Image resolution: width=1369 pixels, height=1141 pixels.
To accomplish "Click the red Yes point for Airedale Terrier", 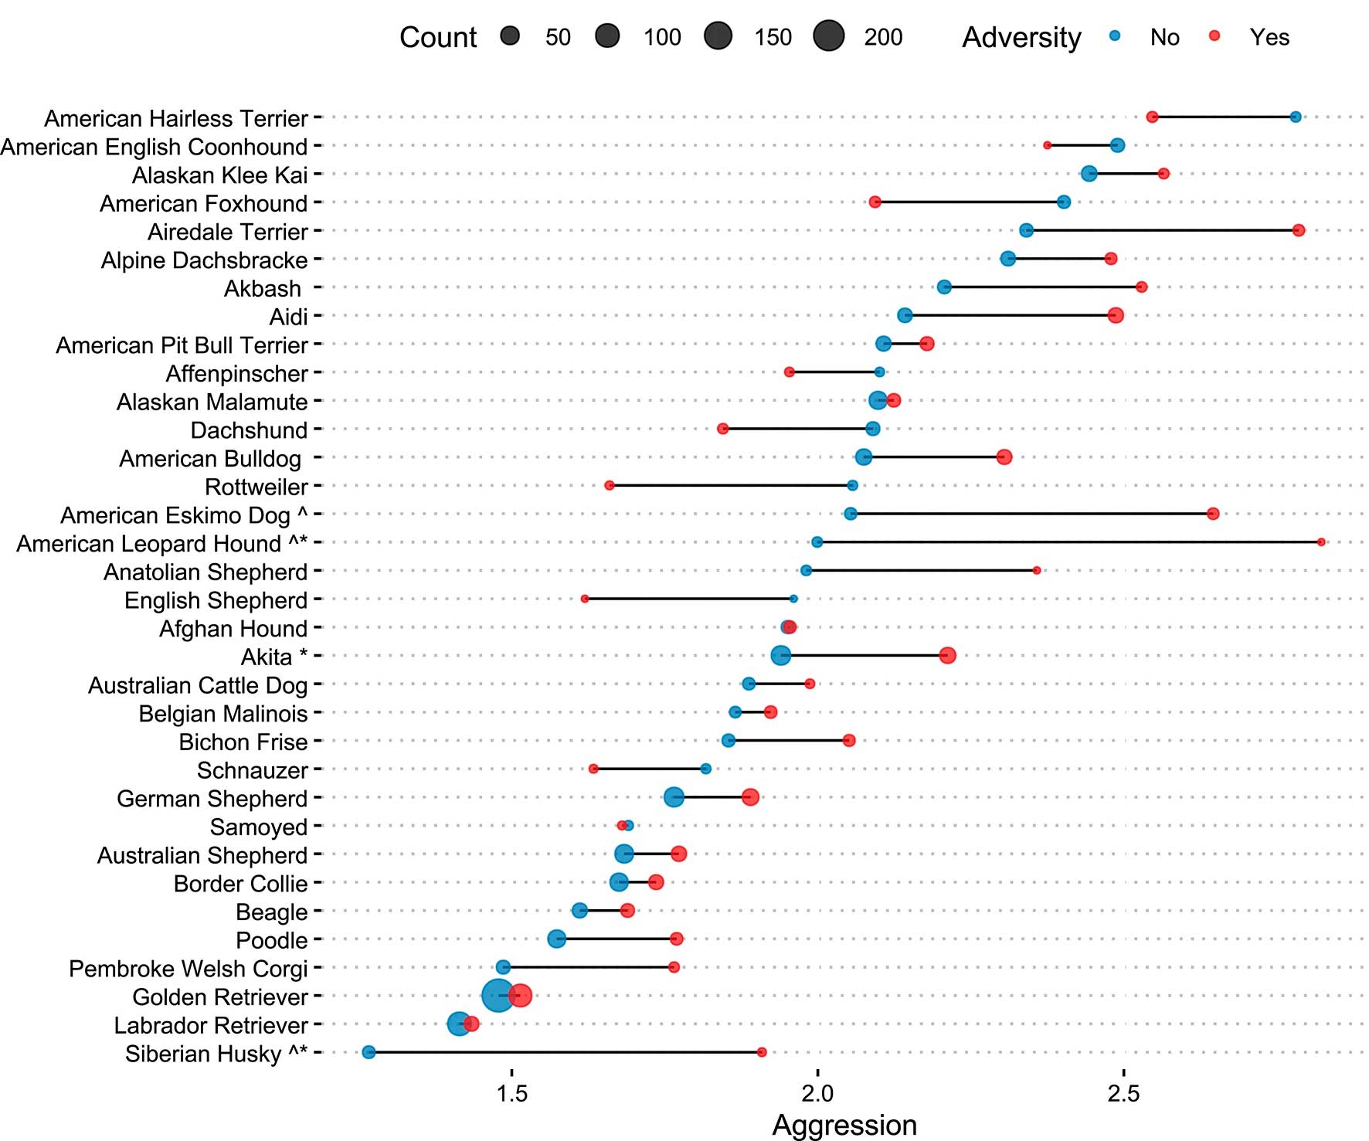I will point(1299,230).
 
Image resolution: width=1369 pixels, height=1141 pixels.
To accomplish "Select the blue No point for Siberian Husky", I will point(369,1052).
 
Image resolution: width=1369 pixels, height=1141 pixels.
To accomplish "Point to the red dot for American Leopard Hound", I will point(1321,542).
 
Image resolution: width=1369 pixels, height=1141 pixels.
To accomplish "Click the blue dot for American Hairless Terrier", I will point(1296,117).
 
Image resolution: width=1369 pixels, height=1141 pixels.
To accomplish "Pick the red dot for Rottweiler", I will point(610,485).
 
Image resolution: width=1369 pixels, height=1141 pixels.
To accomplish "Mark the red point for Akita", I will point(948,655).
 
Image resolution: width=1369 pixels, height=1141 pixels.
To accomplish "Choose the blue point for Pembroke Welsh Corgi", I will point(503,967).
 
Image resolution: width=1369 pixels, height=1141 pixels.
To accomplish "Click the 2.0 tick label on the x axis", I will point(817,1093).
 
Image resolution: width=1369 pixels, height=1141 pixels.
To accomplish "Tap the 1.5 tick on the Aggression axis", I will point(511,1093).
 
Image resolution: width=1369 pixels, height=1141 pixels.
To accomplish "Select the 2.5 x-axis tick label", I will point(1123,1093).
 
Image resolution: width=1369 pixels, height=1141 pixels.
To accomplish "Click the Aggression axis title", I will point(844,1126).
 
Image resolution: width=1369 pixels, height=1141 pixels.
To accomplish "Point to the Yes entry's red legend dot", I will point(1214,36).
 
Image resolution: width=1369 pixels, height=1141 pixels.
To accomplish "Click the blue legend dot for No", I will point(1115,36).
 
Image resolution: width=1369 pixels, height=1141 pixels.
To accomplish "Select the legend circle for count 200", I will point(829,36).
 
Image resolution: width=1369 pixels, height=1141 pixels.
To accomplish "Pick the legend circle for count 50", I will point(510,36).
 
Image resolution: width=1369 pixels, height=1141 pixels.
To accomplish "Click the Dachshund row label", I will point(249,430).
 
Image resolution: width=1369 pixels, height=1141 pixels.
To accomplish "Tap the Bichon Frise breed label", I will point(243,742).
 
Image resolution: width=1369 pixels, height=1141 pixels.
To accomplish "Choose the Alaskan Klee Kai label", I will point(220,175).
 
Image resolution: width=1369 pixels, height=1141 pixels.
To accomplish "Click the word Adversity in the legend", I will point(1021,37).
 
